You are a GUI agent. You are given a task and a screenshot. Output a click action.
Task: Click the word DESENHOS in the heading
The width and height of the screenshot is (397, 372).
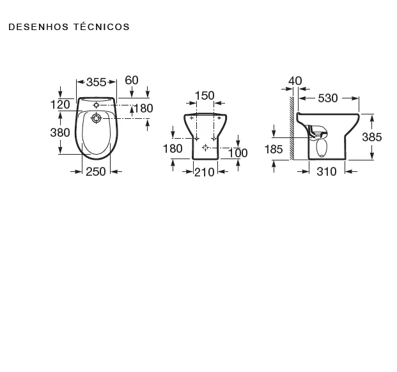38,27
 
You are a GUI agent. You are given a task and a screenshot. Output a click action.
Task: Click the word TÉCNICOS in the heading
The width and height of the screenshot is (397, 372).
102,26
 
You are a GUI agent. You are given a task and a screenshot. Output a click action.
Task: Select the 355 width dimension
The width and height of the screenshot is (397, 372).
96,82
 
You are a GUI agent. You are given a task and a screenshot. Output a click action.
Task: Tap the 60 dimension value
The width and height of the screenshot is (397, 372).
132,81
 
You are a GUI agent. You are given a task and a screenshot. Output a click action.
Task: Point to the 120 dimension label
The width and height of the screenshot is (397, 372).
60,105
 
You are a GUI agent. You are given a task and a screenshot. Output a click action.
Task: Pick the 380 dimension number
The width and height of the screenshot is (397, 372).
60,132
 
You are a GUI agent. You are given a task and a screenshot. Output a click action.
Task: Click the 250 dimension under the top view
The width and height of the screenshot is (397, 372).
96,172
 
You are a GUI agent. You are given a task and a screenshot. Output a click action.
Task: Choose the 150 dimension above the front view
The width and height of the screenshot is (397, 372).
205,96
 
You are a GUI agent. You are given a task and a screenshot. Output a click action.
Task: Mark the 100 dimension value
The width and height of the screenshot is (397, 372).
238,153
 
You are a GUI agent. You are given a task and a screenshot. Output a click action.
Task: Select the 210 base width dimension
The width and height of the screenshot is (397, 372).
205,173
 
